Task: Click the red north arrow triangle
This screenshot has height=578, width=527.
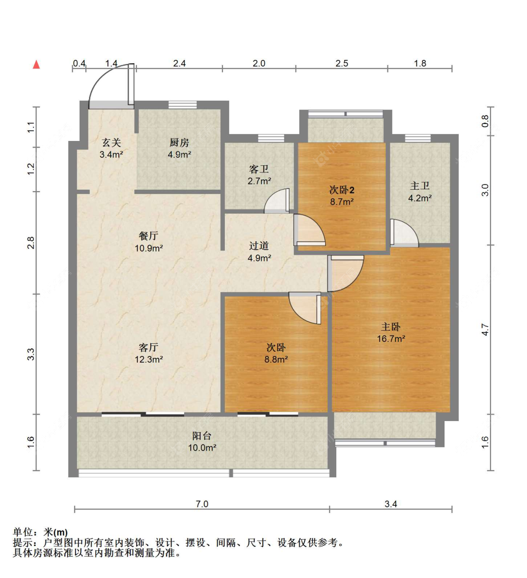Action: tap(37, 65)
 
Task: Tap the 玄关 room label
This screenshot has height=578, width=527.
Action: tap(111, 143)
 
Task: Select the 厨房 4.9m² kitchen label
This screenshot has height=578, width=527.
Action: tap(179, 148)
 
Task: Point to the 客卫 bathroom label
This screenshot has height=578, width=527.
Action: tap(259, 169)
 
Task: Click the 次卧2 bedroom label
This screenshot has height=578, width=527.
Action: tap(341, 190)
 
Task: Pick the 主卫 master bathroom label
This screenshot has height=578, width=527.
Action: tap(420, 186)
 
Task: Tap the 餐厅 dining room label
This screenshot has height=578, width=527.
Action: tap(148, 236)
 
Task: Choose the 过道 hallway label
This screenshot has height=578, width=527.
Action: tap(259, 246)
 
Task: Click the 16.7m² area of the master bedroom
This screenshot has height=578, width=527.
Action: tap(391, 339)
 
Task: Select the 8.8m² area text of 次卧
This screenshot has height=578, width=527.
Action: tap(276, 359)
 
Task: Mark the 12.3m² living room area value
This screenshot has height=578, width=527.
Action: tap(149, 359)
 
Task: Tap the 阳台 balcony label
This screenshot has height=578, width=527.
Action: tap(202, 436)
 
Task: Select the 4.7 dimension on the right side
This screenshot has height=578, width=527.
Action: tap(485, 330)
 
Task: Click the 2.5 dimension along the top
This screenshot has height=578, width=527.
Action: tap(341, 63)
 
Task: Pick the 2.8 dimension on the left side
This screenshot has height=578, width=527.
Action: tap(30, 243)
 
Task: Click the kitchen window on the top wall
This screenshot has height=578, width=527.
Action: tap(183, 105)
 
